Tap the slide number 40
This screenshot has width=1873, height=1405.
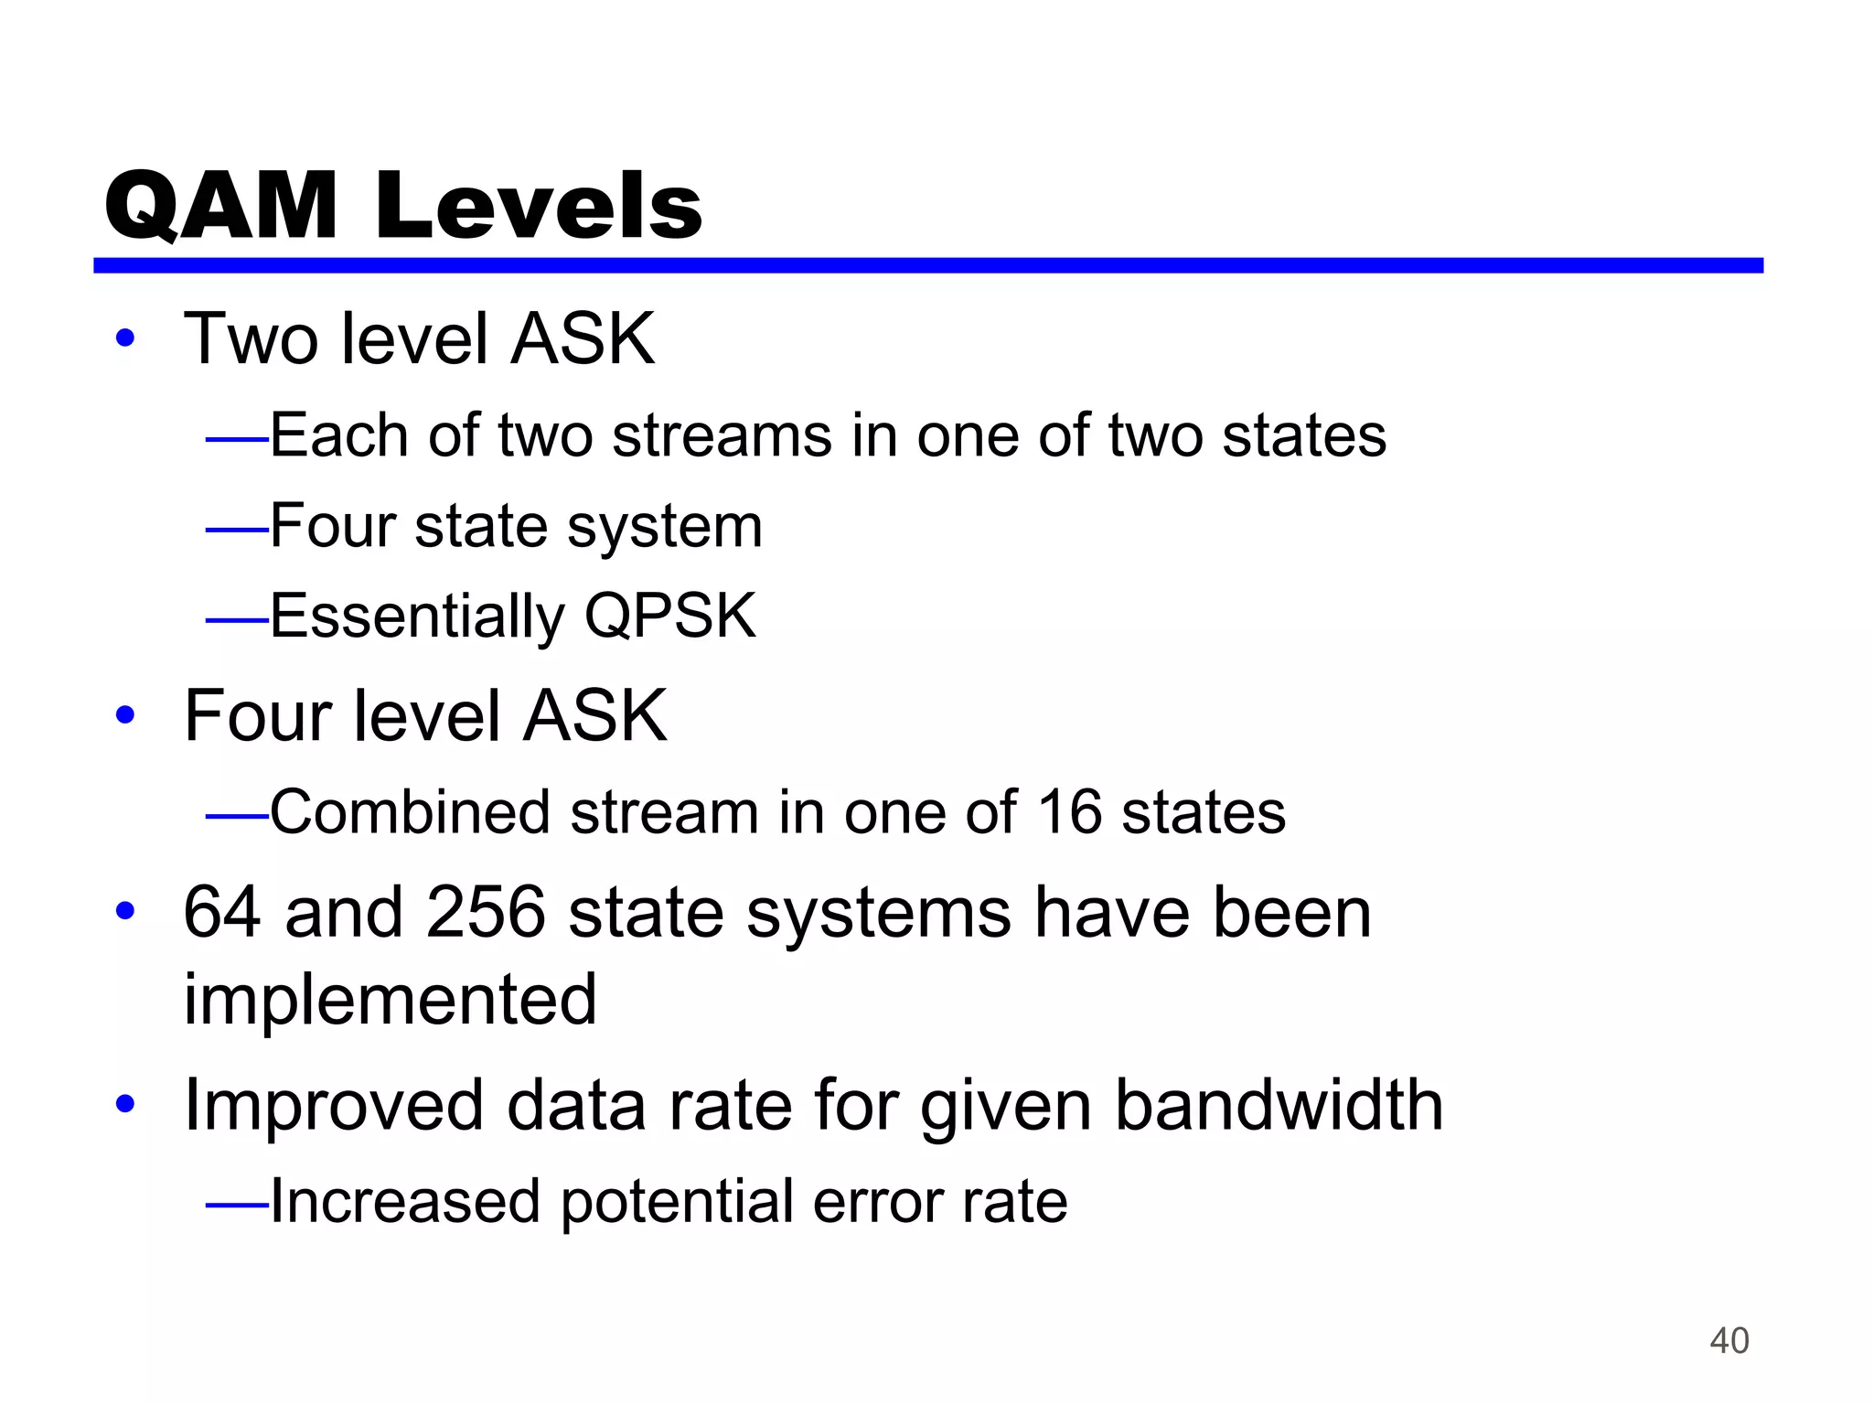click(1729, 1341)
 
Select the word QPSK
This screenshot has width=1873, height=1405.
click(670, 616)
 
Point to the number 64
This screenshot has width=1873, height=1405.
click(222, 913)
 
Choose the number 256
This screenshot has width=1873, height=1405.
click(485, 913)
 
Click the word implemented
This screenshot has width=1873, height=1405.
click(391, 1000)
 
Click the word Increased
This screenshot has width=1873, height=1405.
click(405, 1201)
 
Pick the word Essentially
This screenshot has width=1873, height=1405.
click(418, 617)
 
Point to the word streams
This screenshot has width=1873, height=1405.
click(722, 435)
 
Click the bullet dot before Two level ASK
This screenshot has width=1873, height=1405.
click(125, 339)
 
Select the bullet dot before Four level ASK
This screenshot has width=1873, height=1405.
click(125, 715)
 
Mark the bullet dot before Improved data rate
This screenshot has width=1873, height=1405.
click(125, 1105)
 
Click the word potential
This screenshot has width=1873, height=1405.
click(677, 1202)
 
